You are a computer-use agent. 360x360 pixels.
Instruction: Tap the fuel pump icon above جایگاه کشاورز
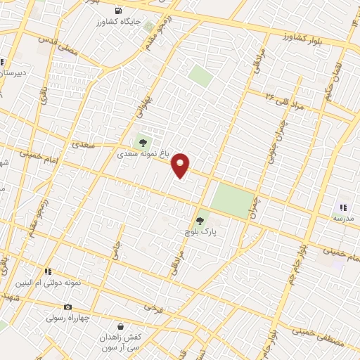[x=117, y=11]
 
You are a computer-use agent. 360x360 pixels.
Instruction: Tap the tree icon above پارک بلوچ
[x=200, y=221]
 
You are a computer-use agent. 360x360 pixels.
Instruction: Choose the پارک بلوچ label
[x=198, y=232]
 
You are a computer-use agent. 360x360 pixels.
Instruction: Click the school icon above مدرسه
[x=343, y=207]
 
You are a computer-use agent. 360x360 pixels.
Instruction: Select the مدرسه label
[x=343, y=219]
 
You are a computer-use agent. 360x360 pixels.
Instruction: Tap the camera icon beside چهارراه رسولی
[x=67, y=307]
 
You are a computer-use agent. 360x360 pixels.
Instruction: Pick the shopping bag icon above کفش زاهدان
[x=120, y=326]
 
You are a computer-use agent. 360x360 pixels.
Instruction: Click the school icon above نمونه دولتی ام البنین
[x=48, y=271]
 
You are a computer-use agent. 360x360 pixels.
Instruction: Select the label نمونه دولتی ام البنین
[x=48, y=283]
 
